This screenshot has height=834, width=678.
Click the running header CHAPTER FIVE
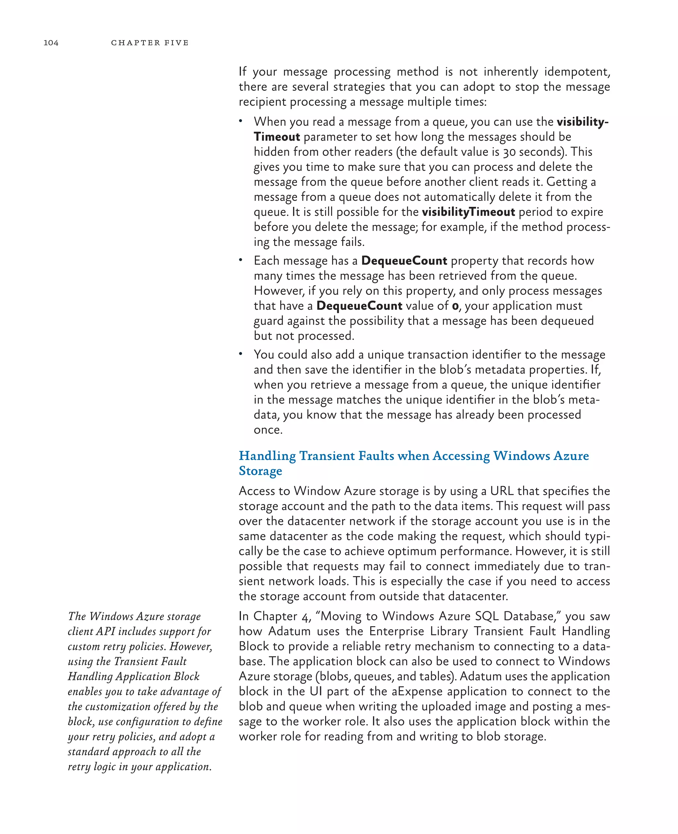[150, 43]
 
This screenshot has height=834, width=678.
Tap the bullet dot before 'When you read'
[241, 121]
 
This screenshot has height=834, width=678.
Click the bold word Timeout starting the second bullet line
[277, 137]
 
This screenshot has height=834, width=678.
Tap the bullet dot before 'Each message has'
[241, 260]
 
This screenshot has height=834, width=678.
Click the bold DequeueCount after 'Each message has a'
[404, 260]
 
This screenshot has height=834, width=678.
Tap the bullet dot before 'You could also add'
[241, 354]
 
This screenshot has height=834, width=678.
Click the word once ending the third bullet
[267, 430]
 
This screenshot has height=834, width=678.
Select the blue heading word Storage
[261, 471]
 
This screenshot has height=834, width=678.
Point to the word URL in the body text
[502, 491]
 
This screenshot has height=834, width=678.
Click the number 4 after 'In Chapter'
[306, 617]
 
